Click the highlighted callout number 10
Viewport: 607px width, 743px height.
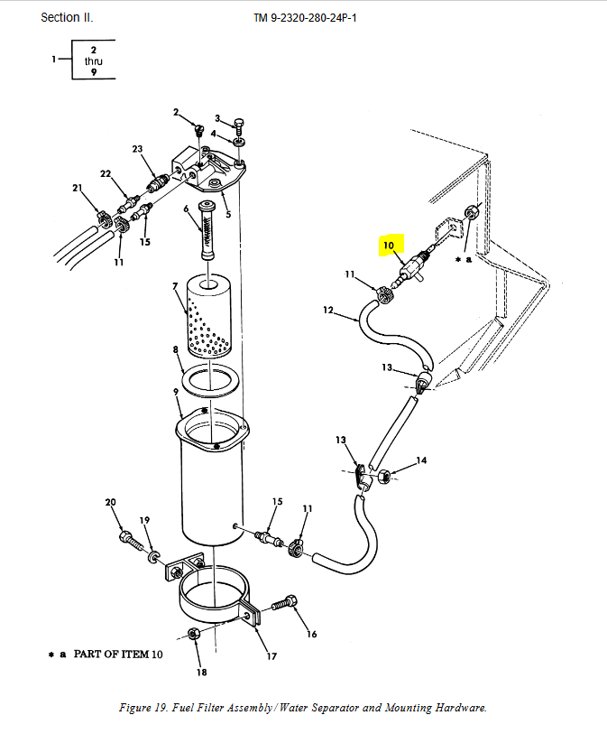click(390, 245)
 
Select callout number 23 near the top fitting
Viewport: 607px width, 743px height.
click(137, 149)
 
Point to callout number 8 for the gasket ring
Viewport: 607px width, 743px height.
click(177, 348)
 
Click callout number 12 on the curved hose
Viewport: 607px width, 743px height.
click(328, 311)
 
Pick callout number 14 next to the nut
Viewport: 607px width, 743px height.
click(421, 461)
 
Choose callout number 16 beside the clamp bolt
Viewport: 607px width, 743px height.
click(312, 634)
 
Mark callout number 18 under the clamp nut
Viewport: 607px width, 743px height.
click(202, 672)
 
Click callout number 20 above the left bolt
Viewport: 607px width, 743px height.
click(111, 502)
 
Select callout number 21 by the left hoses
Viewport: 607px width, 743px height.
click(77, 188)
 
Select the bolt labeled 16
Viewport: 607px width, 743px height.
click(286, 602)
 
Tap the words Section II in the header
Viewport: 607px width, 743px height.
click(67, 18)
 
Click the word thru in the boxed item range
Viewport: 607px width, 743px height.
click(94, 60)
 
